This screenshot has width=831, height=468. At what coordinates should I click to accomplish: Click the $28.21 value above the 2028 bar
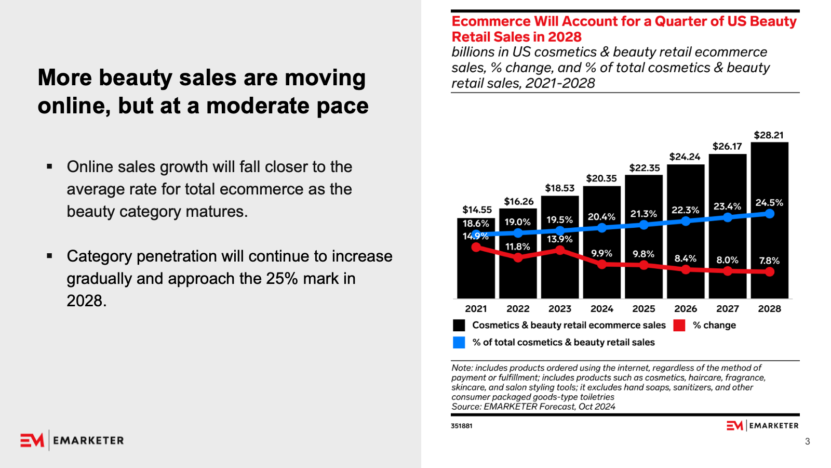[769, 135]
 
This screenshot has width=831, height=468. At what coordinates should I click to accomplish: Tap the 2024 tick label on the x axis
[601, 309]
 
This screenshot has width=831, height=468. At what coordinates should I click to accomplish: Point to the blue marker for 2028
[770, 213]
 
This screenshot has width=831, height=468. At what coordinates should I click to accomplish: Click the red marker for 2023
[560, 250]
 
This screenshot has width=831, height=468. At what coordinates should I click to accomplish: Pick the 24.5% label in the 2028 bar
[769, 202]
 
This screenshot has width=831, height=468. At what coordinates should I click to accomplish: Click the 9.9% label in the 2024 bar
[601, 253]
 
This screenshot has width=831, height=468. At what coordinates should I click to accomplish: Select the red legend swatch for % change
[679, 326]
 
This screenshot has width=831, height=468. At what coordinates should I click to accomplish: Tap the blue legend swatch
[459, 342]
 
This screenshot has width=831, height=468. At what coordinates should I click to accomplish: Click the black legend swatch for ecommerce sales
[459, 326]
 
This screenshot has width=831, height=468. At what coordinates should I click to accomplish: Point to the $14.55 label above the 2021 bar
[477, 210]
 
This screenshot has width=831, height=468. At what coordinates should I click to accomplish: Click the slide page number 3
[807, 441]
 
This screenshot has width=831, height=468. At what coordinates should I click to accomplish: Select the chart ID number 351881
[461, 426]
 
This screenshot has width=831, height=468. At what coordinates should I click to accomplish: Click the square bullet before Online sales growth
[49, 167]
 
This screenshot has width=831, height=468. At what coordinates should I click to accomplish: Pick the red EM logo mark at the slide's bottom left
[32, 440]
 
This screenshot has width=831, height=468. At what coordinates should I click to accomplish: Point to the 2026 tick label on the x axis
[686, 309]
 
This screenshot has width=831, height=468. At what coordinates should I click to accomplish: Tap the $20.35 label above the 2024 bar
[601, 178]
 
